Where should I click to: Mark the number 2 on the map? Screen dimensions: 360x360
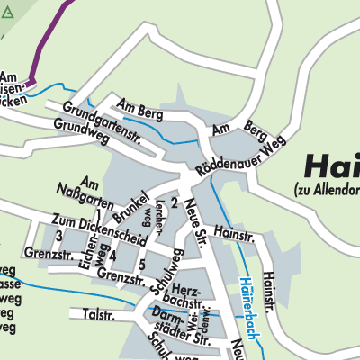tap(174, 203)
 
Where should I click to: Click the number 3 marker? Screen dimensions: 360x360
tap(58, 236)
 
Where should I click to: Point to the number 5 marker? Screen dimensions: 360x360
tap(142, 264)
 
